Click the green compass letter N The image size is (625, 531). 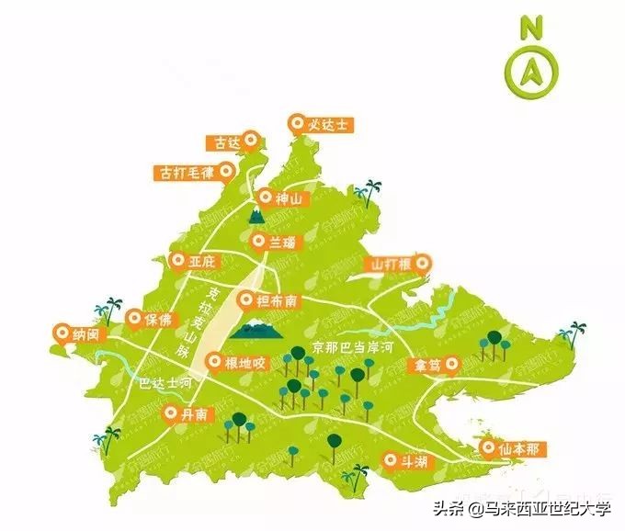529,27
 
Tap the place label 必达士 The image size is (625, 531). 323,123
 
